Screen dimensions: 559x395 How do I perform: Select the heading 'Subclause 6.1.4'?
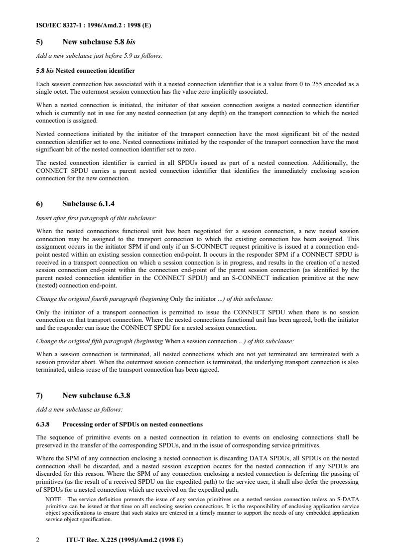[x=89, y=204]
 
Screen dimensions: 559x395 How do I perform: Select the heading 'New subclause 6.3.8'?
[x=96, y=396]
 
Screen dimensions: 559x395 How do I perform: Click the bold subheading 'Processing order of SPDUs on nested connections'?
[x=132, y=424]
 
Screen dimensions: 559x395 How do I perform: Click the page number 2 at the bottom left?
[x=38, y=539]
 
